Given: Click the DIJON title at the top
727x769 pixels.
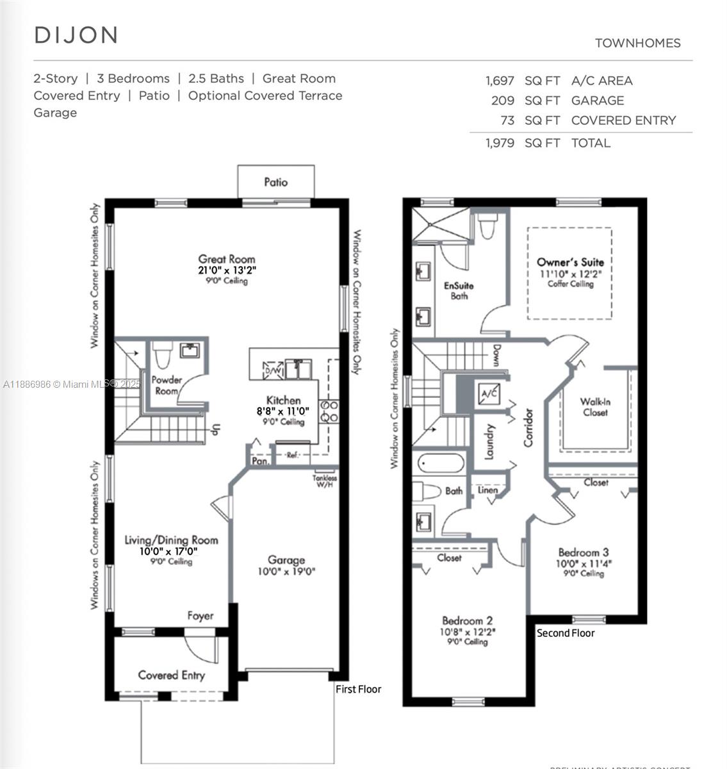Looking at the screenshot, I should [76, 35].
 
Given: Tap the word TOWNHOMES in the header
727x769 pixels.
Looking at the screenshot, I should [637, 43].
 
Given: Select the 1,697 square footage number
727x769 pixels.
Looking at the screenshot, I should [500, 81].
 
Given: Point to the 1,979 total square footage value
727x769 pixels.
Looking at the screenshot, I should [500, 143].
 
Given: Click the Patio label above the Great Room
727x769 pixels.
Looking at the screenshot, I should [276, 182].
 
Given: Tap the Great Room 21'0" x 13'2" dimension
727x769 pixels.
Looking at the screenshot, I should [227, 270].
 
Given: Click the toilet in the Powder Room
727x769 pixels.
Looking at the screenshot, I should [163, 352].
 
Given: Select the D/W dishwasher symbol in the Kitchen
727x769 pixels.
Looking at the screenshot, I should [273, 370].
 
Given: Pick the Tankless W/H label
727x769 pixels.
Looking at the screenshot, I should [325, 481].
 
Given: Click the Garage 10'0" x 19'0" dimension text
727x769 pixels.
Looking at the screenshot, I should [286, 572].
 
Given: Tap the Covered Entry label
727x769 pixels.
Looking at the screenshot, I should [171, 675].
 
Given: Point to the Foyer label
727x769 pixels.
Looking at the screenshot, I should [200, 616].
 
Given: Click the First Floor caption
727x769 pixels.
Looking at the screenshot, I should [358, 689].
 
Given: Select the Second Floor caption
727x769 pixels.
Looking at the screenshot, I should [566, 633].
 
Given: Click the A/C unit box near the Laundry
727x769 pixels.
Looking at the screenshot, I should [489, 393].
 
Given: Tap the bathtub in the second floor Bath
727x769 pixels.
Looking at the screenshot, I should [441, 463].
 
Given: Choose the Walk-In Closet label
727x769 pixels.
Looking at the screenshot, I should [595, 407].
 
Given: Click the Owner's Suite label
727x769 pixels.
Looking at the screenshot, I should [570, 262].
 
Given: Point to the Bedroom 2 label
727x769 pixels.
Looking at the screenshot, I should [467, 620].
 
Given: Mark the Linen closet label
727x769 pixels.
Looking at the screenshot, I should [488, 490].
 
